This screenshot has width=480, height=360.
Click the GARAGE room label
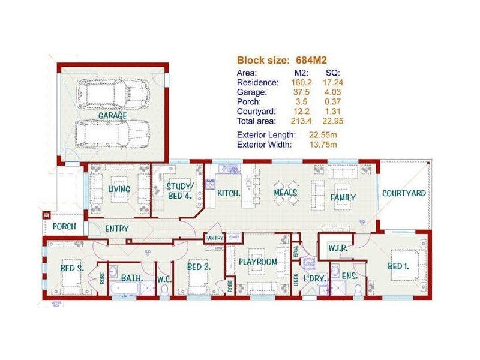[112, 115]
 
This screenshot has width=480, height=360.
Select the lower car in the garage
[112, 134]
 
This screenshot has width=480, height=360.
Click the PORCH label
[64, 227]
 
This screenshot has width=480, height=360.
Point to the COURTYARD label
[404, 193]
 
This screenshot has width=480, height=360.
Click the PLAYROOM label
[257, 262]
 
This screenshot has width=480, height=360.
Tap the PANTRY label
[214, 238]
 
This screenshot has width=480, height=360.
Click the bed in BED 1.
[404, 265]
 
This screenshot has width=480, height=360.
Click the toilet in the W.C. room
[164, 290]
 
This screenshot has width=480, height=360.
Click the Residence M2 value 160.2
[299, 82]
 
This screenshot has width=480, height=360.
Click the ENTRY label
[117, 229]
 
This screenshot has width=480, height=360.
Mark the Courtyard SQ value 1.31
[331, 111]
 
